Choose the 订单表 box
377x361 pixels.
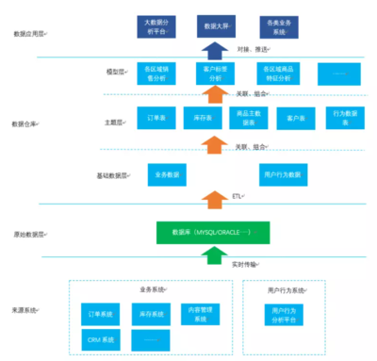tap(156, 120)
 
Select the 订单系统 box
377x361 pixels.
tap(101, 313)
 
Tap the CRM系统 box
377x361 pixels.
tap(101, 338)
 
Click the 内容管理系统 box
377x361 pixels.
tap(195, 313)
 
